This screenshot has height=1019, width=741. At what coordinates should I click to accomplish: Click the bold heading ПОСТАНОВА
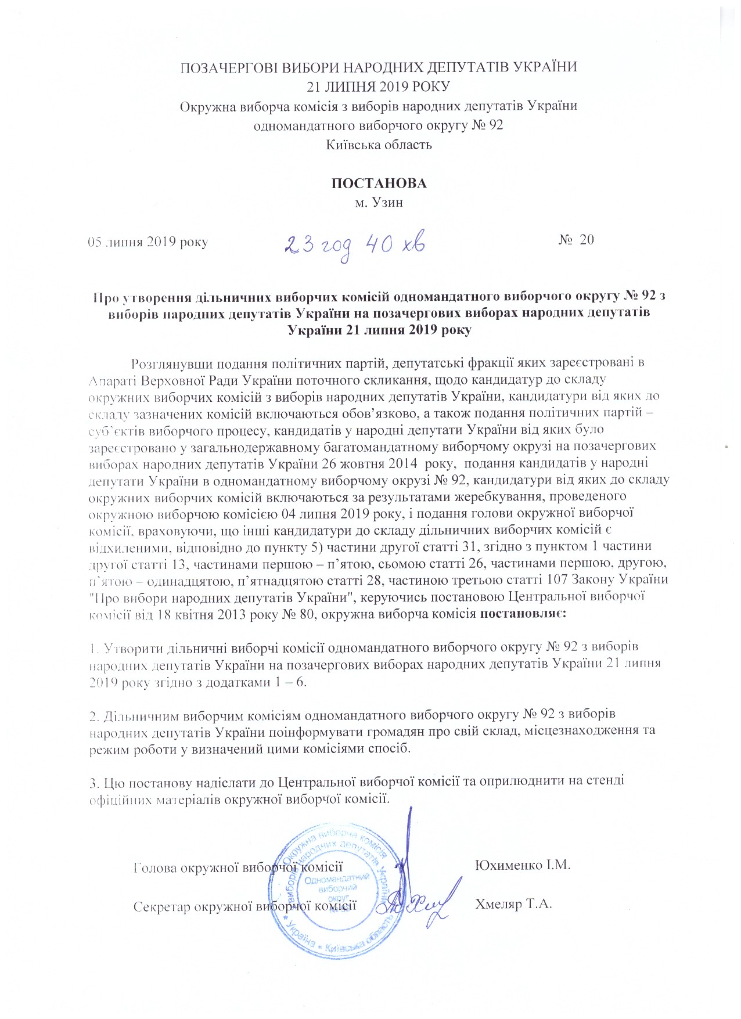pyautogui.click(x=379, y=183)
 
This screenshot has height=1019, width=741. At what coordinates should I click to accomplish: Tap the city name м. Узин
pyautogui.click(x=379, y=203)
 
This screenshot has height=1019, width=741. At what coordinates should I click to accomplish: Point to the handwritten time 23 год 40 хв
pyautogui.click(x=354, y=244)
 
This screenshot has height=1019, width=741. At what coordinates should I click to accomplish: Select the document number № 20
pyautogui.click(x=576, y=240)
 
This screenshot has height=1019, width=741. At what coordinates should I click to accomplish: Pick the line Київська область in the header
pyautogui.click(x=379, y=145)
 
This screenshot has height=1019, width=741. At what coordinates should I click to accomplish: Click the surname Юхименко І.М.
pyautogui.click(x=523, y=865)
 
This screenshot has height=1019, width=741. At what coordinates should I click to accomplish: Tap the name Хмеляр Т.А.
pyautogui.click(x=513, y=904)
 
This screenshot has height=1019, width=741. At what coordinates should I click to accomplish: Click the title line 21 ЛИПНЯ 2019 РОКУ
pyautogui.click(x=379, y=87)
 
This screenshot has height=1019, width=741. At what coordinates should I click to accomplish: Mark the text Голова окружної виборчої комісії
pyautogui.click(x=238, y=867)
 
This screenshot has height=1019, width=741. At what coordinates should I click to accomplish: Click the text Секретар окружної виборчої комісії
pyautogui.click(x=244, y=906)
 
